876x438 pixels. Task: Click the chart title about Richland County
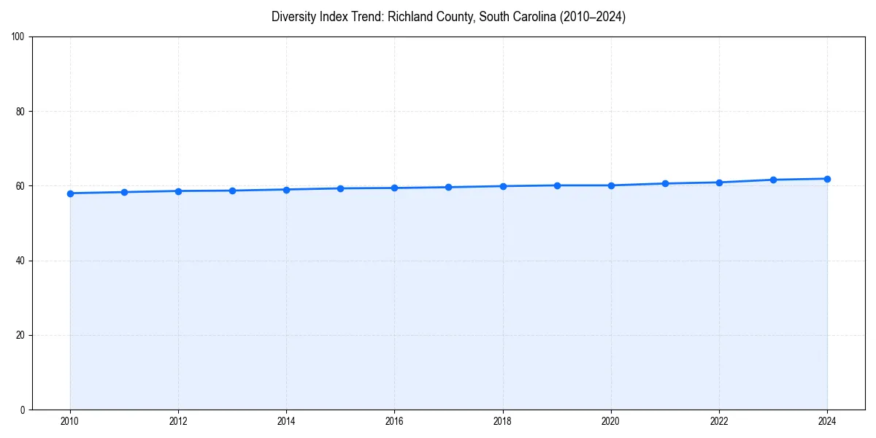[x=448, y=17]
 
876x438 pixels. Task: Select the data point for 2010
[x=70, y=193]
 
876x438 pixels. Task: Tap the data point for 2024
[x=827, y=179]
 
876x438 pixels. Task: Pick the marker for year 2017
[x=448, y=188]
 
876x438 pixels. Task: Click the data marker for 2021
[x=665, y=183]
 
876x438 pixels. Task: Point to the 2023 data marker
[x=773, y=180]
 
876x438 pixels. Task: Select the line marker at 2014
[x=286, y=190]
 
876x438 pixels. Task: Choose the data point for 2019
[x=557, y=185]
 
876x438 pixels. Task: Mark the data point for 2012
[x=178, y=191]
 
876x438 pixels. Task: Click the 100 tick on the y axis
[x=19, y=37]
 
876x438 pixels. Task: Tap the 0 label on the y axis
[x=23, y=410]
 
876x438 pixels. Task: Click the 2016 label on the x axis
[x=394, y=421]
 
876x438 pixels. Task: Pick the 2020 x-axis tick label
[x=611, y=421]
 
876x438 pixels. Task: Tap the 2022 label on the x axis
[x=719, y=421]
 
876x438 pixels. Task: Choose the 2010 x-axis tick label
[x=70, y=421]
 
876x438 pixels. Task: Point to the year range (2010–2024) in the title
[x=591, y=17]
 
